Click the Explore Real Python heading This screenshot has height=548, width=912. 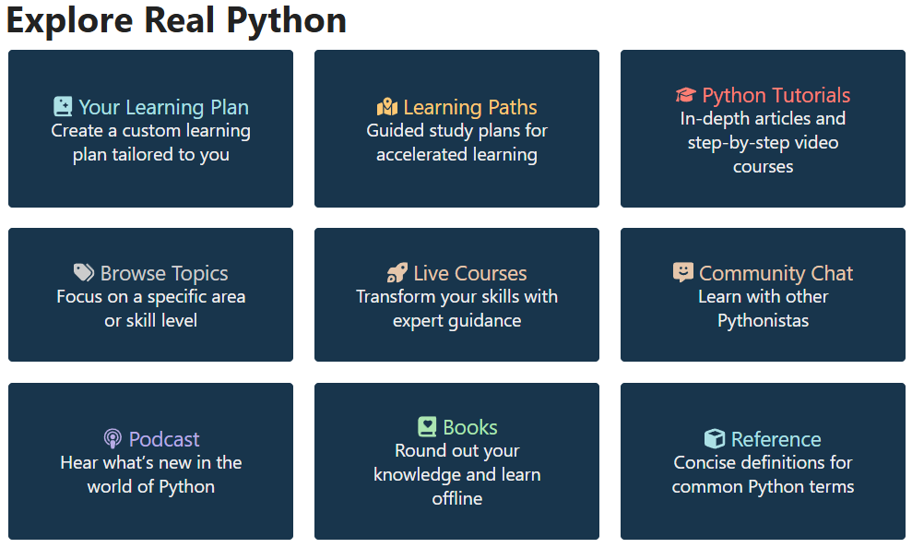point(176,20)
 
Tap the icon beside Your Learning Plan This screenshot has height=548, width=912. point(63,107)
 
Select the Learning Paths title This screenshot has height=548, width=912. point(470,107)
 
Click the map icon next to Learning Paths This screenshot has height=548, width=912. point(387,107)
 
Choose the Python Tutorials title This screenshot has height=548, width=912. point(776,95)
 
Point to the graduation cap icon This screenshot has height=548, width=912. point(685,95)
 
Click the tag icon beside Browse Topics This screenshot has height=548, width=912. point(84,272)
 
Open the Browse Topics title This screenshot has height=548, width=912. point(164,273)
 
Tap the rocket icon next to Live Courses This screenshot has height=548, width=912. point(397,272)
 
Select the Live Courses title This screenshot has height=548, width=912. point(470,273)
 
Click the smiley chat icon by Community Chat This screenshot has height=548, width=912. point(683,272)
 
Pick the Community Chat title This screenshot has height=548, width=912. point(776,273)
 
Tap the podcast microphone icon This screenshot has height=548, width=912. point(113,439)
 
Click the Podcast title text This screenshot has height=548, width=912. point(164,439)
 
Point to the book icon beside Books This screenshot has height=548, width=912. point(427,427)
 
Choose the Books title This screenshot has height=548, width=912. point(470,427)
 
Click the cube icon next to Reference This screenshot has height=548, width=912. point(715,439)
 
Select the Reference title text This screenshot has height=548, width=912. point(776,439)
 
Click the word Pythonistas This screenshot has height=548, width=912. point(764,321)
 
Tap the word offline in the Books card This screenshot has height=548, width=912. point(457,498)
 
